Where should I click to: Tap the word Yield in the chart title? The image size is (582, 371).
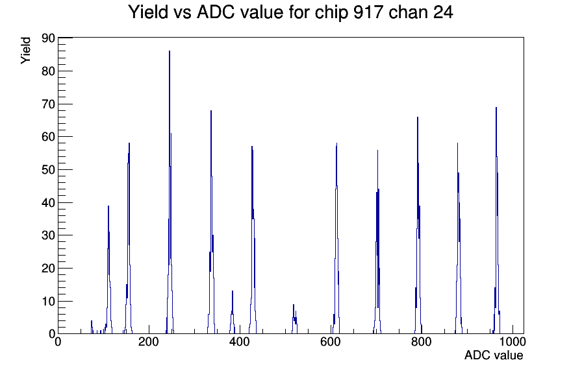point(148,12)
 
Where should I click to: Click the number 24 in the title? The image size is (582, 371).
point(442,12)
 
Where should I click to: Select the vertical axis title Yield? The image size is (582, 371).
point(25,51)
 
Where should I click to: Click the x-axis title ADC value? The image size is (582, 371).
point(494,355)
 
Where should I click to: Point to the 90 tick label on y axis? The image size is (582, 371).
point(48,38)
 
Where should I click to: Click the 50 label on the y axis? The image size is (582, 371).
point(48,170)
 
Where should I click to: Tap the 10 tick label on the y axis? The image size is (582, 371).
point(48,302)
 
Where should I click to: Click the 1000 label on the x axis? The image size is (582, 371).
point(512,342)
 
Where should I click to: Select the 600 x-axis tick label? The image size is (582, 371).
point(331,342)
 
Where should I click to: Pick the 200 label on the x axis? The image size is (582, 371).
point(148,342)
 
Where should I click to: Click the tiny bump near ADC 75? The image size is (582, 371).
point(92,327)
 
